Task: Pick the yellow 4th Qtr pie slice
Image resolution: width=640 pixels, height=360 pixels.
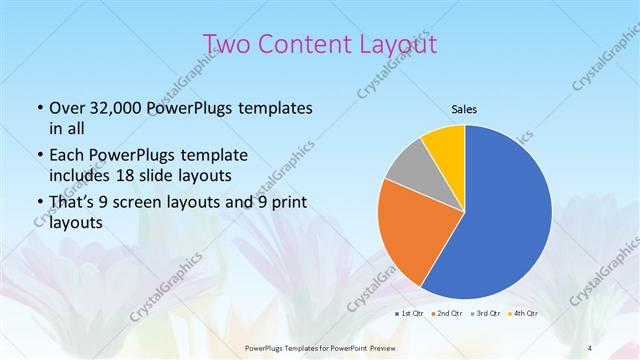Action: click(444, 147)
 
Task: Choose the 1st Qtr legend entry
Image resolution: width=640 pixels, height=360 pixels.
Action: click(412, 314)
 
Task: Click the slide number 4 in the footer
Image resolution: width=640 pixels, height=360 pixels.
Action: click(590, 348)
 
